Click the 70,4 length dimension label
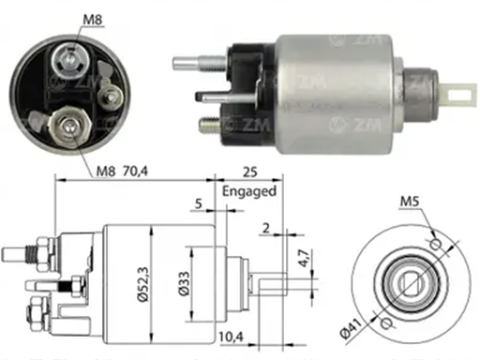(x=135, y=172)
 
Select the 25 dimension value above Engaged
(x=249, y=172)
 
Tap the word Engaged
(x=249, y=191)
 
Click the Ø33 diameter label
(x=184, y=283)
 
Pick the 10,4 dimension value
(x=231, y=337)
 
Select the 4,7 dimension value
(x=304, y=259)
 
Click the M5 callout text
(x=410, y=202)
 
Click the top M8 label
(x=93, y=20)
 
